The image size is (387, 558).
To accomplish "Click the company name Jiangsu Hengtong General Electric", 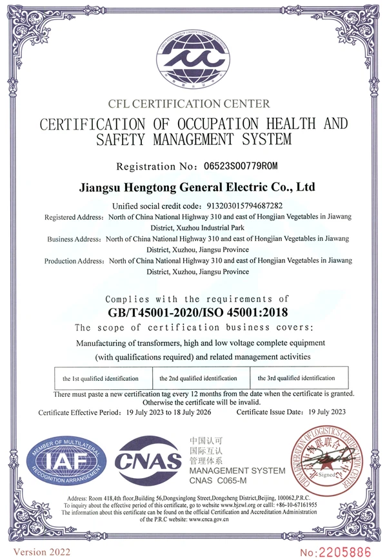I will [x=195, y=188].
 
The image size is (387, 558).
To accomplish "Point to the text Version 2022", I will [x=42, y=551].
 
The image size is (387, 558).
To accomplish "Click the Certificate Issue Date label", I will [x=272, y=412].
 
